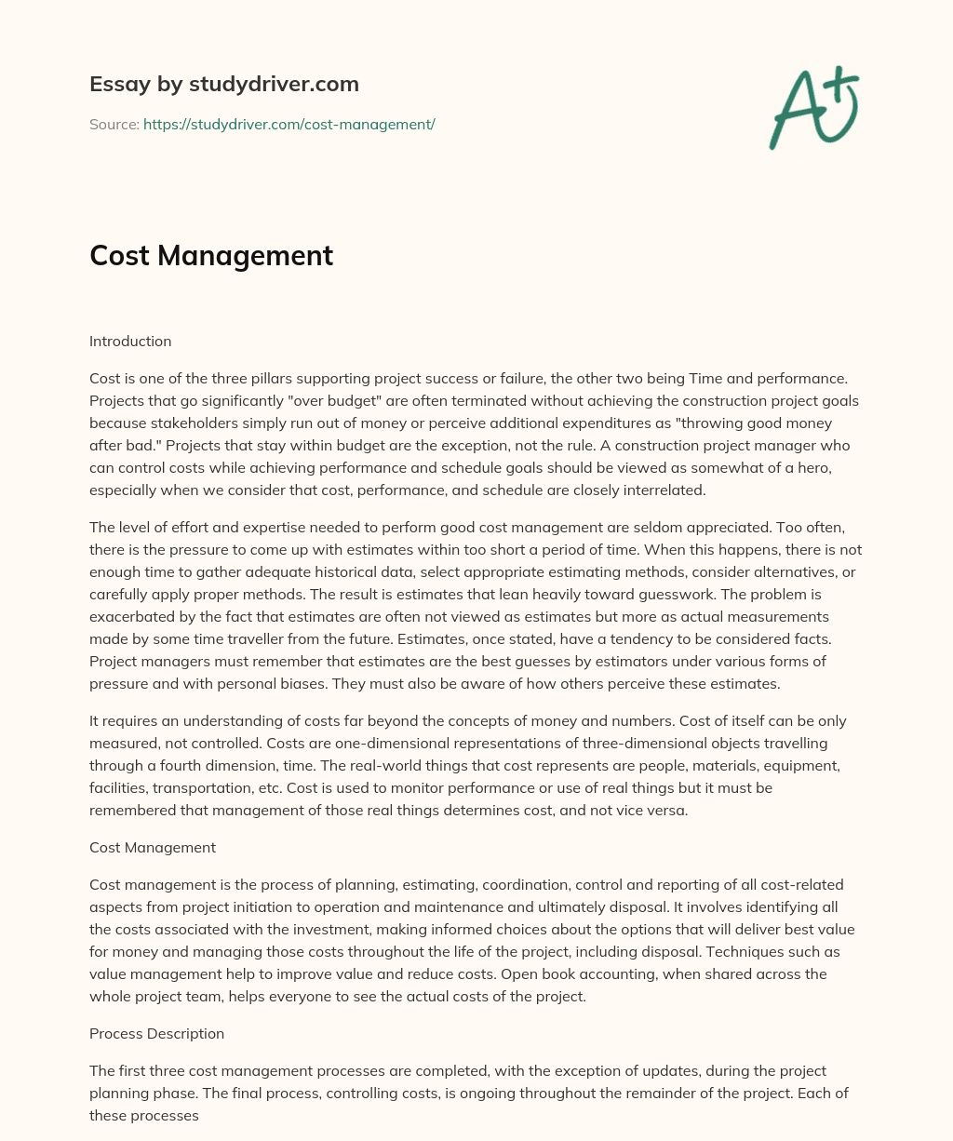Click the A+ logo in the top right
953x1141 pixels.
tap(813, 108)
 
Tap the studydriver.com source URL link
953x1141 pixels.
tap(289, 124)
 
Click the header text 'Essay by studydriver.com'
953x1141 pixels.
tap(223, 84)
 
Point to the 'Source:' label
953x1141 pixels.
tap(114, 124)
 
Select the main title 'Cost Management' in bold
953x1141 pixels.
tap(211, 255)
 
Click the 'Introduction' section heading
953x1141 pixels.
tap(130, 341)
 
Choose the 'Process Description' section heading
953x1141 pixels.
tap(156, 1033)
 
